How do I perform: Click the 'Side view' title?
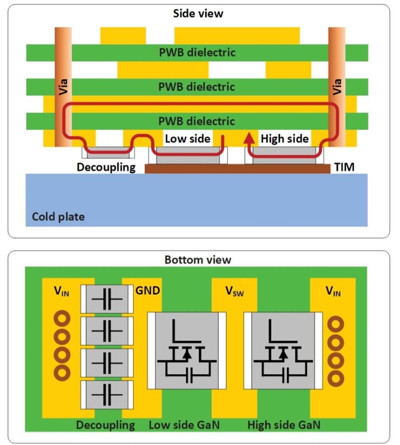(198, 13)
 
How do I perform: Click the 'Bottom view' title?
(198, 259)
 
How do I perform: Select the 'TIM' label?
(344, 167)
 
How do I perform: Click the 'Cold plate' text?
(58, 217)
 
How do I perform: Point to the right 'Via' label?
(337, 86)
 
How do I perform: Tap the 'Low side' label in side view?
(187, 139)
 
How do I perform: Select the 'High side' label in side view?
(284, 139)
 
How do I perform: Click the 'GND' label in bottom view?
(148, 290)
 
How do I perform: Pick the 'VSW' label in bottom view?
(234, 292)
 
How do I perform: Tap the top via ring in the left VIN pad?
(62, 319)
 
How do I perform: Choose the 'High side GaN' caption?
(284, 425)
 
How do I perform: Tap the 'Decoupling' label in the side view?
(106, 167)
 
